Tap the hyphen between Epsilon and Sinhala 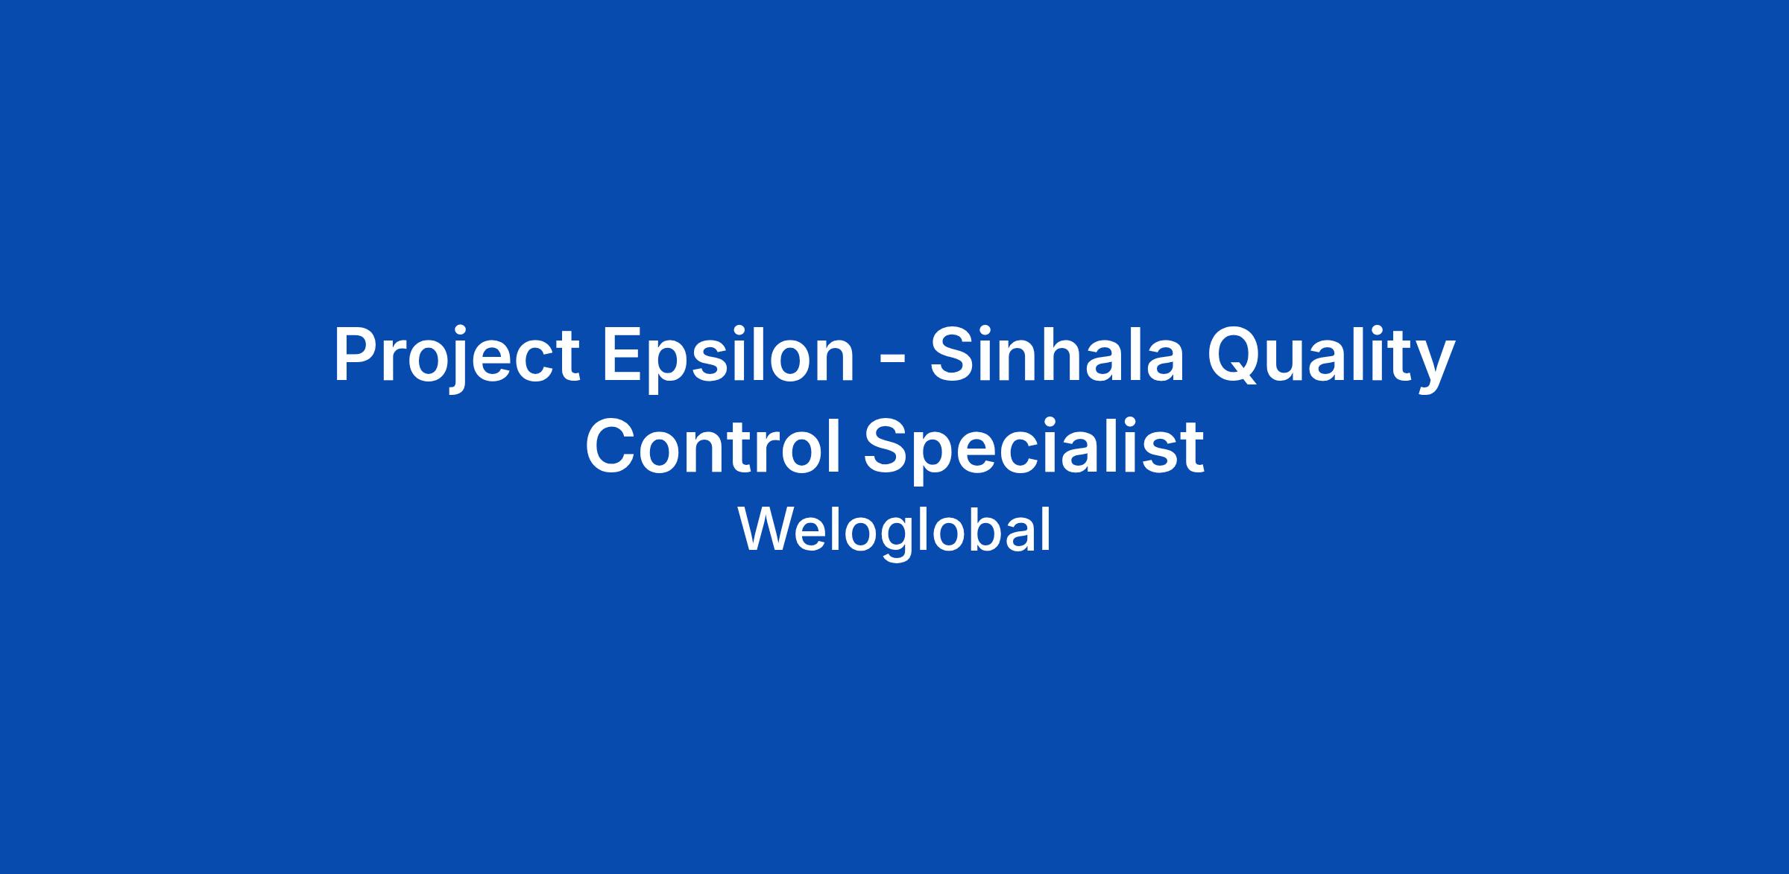click(892, 361)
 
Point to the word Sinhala click(1056, 354)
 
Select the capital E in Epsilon click(623, 355)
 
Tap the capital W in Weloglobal click(767, 529)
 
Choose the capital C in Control click(612, 446)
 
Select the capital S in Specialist click(890, 446)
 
